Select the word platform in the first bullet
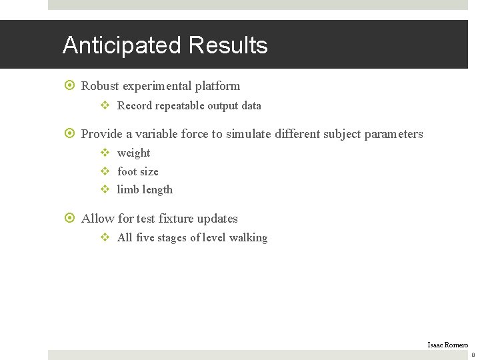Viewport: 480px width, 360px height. [x=217, y=86]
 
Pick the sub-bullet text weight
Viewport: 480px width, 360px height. [x=133, y=153]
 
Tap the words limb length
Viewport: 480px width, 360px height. [x=145, y=189]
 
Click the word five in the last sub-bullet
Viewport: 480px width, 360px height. [x=146, y=238]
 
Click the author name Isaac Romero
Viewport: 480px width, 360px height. [x=447, y=344]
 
